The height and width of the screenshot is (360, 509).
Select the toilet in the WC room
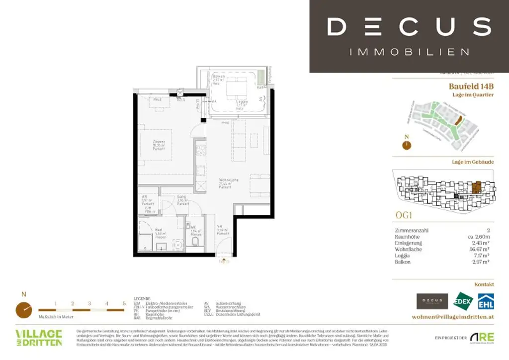click(x=195, y=243)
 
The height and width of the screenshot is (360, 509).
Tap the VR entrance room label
click(x=219, y=229)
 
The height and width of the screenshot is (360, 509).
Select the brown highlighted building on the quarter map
click(x=459, y=120)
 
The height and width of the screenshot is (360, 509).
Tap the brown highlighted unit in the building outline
click(x=477, y=188)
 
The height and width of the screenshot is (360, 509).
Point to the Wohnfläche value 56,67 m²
click(x=480, y=249)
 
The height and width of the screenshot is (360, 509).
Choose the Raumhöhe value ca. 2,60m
click(x=478, y=237)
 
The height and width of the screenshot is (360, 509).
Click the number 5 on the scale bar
click(x=124, y=303)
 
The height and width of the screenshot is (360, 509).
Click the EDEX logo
click(x=463, y=301)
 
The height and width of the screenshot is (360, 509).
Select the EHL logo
click(x=485, y=301)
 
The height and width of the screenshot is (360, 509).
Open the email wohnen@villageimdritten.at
click(x=453, y=317)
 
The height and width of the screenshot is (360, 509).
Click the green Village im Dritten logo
click(x=39, y=338)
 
